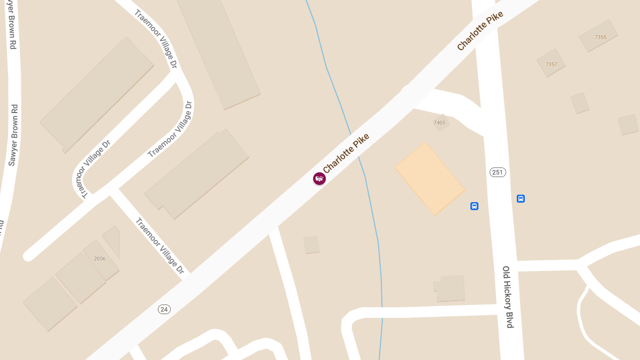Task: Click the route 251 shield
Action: [x=497, y=172]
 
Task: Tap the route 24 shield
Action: [x=164, y=309]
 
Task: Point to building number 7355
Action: [x=600, y=37]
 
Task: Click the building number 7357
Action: [x=551, y=65]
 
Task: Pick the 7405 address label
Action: [x=439, y=123]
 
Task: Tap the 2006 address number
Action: [x=100, y=259]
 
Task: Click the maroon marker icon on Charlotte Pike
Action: [x=319, y=179]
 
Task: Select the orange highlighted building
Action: [x=430, y=179]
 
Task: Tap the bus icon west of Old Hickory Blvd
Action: [x=474, y=206]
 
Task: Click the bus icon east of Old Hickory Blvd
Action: [x=521, y=199]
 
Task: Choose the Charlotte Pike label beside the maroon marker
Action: [x=346, y=153]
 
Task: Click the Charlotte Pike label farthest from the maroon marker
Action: [x=480, y=31]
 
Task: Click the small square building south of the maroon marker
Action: [x=311, y=245]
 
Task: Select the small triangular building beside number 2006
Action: [x=113, y=240]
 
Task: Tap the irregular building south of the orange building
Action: [x=450, y=289]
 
